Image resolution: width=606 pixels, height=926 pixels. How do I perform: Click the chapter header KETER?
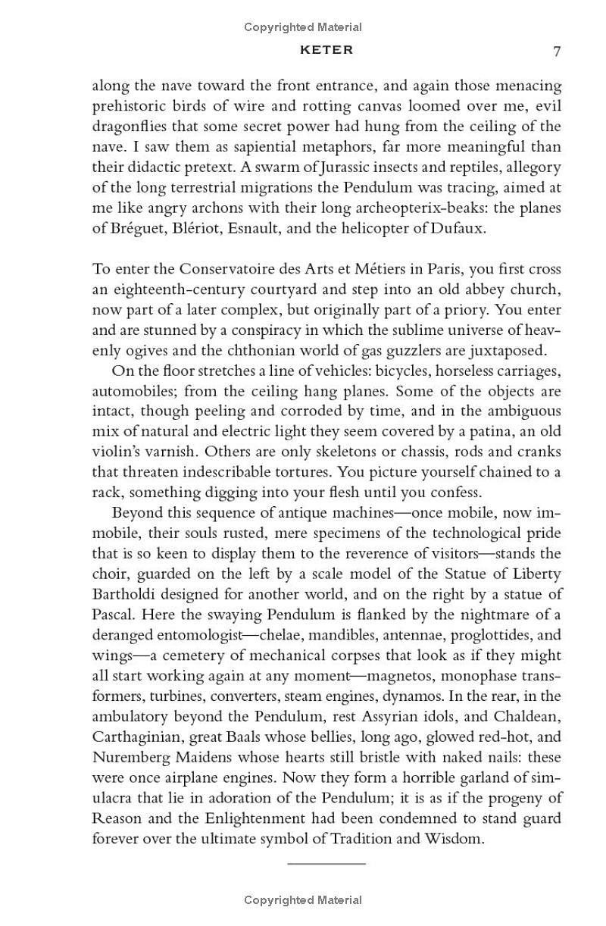(326, 50)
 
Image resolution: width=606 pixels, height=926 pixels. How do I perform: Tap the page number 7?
(557, 51)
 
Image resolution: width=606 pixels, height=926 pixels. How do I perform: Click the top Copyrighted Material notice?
(303, 27)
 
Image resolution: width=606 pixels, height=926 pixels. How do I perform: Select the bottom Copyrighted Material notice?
(303, 900)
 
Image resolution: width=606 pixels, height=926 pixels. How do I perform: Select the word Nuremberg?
(126, 757)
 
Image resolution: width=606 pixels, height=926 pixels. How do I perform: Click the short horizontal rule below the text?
(326, 863)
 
